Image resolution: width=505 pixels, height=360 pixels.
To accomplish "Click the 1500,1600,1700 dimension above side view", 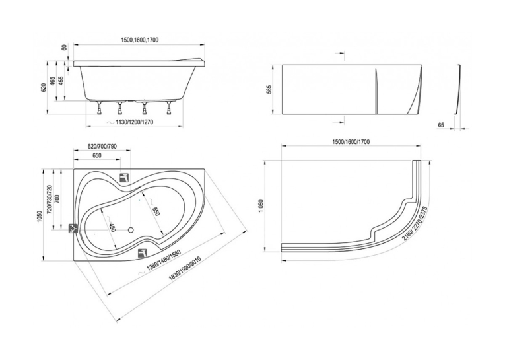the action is pos(140,40).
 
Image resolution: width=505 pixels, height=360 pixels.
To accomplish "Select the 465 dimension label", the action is pos(53,81).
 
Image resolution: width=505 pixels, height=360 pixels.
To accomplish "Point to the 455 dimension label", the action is pos(61,81).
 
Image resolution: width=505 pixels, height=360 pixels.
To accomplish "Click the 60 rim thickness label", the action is pos(65,47).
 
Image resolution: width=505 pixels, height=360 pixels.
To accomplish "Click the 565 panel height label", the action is pos(269,89).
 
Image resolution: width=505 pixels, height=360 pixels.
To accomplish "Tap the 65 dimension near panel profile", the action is pos(441,125).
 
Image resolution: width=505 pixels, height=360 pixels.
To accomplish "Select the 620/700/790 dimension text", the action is pos(102,147).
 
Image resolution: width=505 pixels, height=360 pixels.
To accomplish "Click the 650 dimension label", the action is pos(96,156).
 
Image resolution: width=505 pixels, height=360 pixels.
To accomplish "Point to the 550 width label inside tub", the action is pos(156,211).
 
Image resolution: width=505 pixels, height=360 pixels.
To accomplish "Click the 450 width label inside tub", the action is pos(111,228).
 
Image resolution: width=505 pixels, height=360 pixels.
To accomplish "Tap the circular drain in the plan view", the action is pos(131,230).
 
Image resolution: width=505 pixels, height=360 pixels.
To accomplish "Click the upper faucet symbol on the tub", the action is pos(125,177).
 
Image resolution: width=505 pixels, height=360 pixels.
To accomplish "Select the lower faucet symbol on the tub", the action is pos(143,253).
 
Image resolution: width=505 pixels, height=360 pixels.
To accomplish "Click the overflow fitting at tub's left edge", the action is pos(73,229).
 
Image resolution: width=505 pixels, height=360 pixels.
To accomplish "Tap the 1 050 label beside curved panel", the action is pos(261,207).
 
